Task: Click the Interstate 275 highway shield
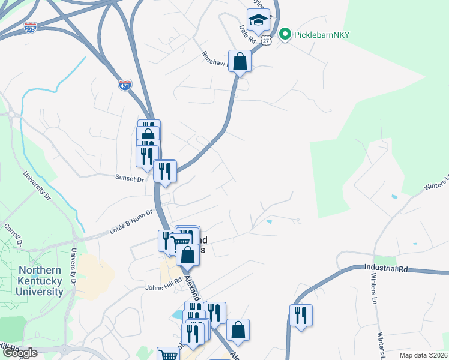tap(31, 28)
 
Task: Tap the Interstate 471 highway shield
tap(125, 85)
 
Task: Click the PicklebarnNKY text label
tap(321, 34)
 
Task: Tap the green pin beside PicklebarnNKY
tap(286, 34)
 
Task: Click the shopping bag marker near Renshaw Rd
tap(240, 62)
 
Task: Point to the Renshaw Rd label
tap(216, 61)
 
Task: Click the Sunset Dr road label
tap(130, 179)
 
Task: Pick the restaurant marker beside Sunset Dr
tap(165, 171)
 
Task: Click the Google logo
tap(20, 353)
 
